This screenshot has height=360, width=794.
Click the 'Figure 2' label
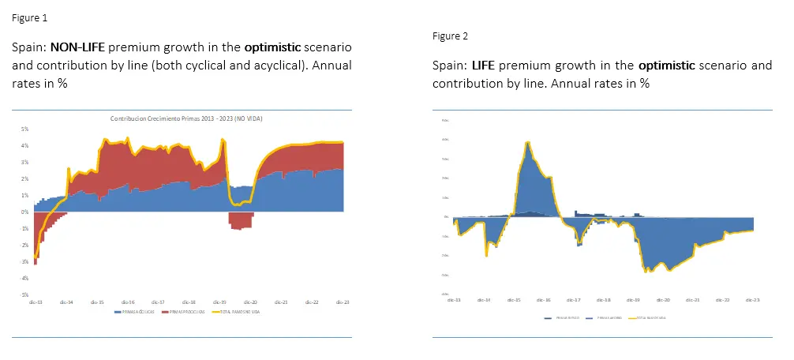(x=450, y=36)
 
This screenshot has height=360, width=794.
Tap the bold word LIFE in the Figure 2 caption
(x=484, y=65)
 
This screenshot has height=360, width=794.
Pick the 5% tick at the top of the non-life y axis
(x=25, y=129)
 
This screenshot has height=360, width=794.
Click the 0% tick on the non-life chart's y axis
(x=25, y=212)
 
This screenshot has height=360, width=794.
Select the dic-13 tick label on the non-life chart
(x=35, y=302)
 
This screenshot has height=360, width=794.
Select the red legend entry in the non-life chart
(x=183, y=312)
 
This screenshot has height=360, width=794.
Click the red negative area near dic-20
(x=241, y=219)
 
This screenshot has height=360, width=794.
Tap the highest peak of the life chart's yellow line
(x=526, y=142)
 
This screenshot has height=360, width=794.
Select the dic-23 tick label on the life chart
(x=752, y=300)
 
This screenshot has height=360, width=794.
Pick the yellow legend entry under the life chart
(x=649, y=317)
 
